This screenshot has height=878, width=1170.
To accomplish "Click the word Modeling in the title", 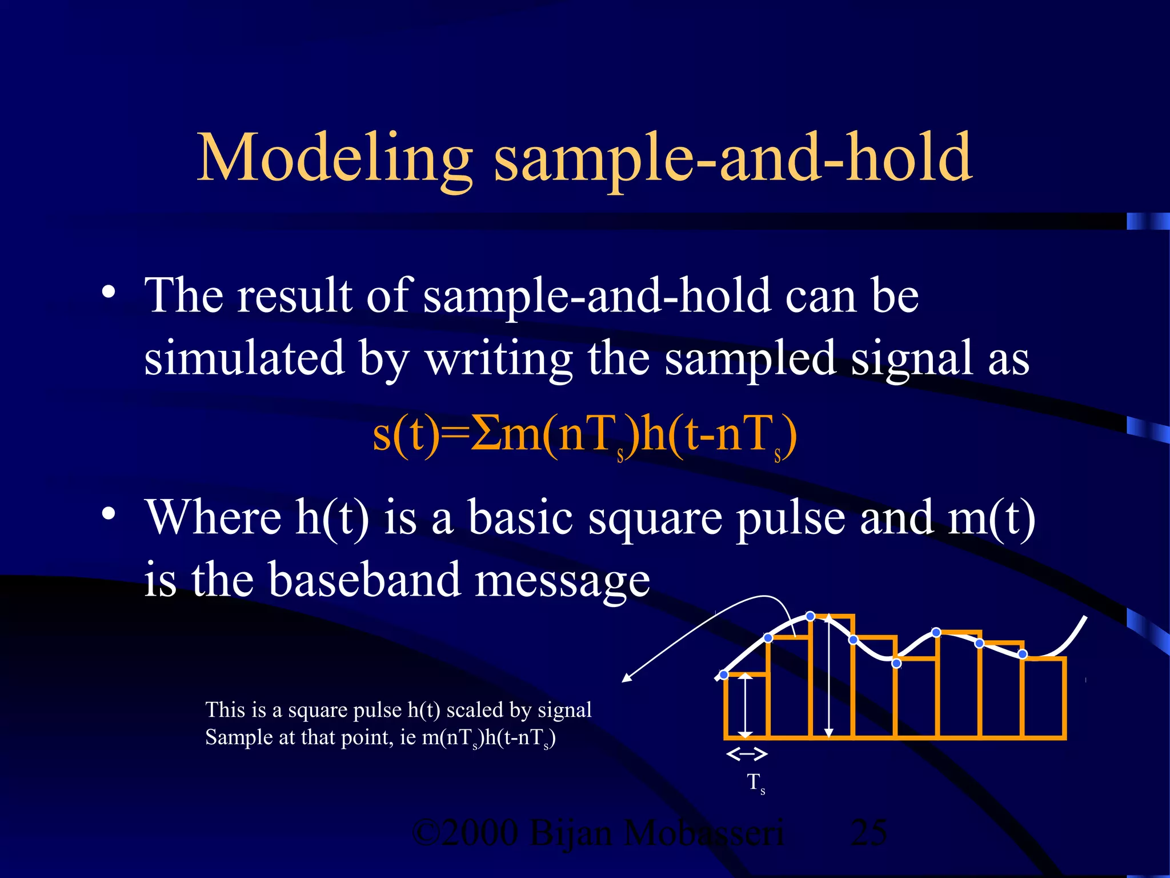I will [x=334, y=157].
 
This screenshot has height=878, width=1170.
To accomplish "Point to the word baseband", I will [x=364, y=579].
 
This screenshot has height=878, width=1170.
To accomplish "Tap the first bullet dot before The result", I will [x=108, y=293].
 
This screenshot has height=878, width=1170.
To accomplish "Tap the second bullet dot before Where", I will [x=108, y=514].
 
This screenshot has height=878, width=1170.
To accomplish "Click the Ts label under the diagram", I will [x=755, y=783].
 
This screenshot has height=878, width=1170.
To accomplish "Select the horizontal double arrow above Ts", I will [x=746, y=755].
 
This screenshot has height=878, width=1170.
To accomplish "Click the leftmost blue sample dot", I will [x=724, y=675].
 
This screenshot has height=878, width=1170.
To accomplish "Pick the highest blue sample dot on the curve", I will [x=810, y=616].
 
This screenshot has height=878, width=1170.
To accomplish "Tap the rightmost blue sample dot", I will [x=1023, y=654].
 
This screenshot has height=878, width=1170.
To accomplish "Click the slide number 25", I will [x=868, y=833].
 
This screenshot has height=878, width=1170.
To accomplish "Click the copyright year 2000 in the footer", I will [x=479, y=833].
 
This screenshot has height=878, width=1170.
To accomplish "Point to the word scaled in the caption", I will [x=475, y=710].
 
